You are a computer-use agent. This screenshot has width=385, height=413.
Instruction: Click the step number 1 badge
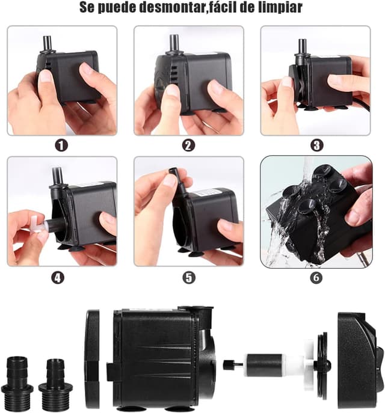click(61, 145)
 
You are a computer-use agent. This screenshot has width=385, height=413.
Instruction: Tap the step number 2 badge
click(188, 145)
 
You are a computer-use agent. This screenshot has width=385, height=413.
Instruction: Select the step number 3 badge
click(317, 145)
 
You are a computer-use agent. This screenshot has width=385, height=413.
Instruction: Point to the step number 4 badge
click(58, 278)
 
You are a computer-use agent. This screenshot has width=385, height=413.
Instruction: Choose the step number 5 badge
click(189, 278)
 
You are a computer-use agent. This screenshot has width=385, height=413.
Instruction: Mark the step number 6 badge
click(316, 278)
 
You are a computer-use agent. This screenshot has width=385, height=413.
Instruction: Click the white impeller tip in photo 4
click(38, 224)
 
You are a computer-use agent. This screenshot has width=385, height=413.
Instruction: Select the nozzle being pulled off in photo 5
click(179, 182)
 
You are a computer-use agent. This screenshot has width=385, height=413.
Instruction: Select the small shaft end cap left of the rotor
click(229, 365)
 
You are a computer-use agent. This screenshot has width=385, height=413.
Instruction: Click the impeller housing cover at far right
click(360, 359)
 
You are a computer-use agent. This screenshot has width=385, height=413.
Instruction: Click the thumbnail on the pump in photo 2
click(173, 90)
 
